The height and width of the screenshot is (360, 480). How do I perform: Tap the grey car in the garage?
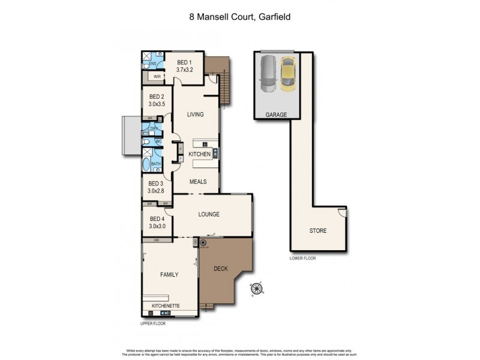[268, 73]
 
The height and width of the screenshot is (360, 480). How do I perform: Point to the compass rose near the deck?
[257, 292]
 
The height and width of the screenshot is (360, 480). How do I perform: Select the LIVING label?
[195, 114]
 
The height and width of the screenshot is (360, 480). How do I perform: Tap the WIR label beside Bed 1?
[156, 77]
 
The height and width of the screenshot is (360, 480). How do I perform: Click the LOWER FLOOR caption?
[302, 258]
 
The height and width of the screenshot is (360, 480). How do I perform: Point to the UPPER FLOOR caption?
[153, 323]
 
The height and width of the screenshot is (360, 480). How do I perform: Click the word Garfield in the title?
[273, 17]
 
